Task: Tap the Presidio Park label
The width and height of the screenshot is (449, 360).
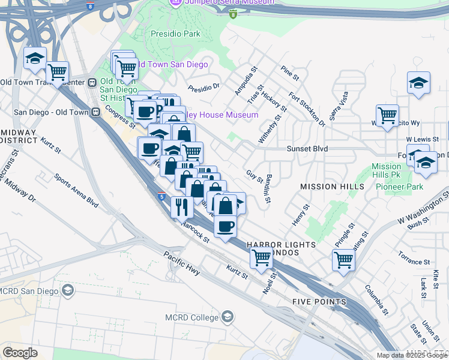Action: tap(175, 34)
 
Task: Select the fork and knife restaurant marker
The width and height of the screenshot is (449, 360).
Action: tap(182, 207)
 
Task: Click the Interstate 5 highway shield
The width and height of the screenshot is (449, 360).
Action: tap(161, 196)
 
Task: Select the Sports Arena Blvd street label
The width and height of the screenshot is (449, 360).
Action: tap(76, 190)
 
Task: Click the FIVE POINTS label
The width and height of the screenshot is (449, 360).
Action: tap(319, 301)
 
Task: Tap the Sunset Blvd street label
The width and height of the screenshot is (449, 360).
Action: tap(307, 148)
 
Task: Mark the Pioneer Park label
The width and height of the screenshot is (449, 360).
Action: tap(399, 187)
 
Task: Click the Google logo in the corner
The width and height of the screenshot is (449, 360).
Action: tap(20, 352)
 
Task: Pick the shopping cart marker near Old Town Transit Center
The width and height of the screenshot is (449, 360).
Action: tap(58, 73)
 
